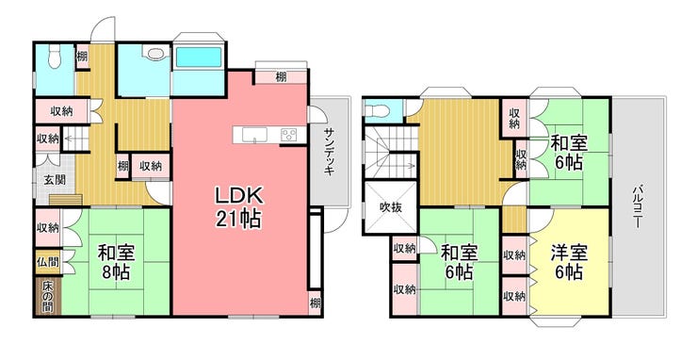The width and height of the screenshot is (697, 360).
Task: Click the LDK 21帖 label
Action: pos(238,207)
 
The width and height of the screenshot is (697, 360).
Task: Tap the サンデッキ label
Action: pos(330,152)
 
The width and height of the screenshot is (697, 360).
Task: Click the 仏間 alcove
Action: pos(47,261)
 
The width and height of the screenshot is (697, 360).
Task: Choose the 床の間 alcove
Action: pos(47,296)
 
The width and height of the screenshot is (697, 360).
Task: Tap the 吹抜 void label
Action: pos(391,207)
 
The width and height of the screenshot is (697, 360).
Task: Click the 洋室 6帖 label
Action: pos(569,262)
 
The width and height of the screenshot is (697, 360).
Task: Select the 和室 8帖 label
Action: pos(116,262)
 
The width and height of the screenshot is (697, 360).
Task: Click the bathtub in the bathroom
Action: pos(198,57)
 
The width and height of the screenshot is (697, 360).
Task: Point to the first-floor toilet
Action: pos(55,57)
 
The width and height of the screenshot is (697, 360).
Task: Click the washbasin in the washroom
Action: pos(156,53)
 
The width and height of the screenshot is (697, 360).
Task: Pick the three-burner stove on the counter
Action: pos(290,135)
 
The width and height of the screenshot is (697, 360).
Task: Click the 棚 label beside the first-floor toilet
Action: pos(82,57)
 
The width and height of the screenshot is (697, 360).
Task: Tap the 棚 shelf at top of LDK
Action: pos(281,77)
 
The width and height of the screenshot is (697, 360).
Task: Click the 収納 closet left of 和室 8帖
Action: pos(47,227)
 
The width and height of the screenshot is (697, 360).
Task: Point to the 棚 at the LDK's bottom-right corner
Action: pos(315,303)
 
